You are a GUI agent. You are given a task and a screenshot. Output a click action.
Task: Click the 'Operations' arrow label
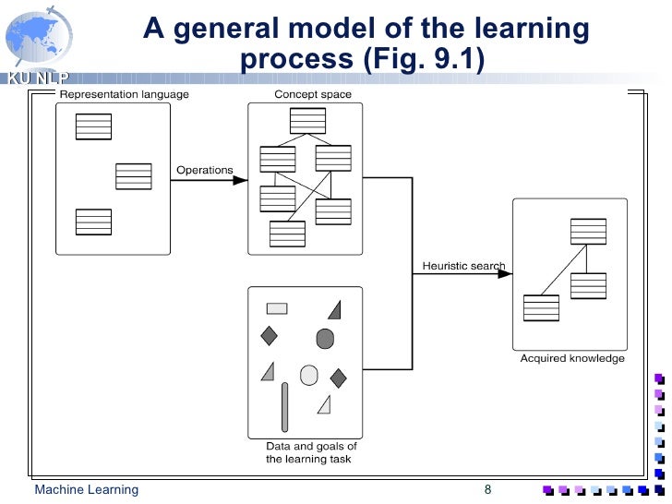(204, 170)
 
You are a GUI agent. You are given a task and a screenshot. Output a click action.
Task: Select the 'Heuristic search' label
(463, 267)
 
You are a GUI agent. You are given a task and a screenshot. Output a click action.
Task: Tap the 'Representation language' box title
(124, 94)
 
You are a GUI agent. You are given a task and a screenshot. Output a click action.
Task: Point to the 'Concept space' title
(312, 94)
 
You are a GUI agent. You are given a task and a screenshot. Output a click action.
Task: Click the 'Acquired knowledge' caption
(572, 358)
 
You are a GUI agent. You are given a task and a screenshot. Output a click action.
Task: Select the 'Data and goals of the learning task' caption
(311, 452)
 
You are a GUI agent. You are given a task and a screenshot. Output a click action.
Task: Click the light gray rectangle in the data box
(277, 309)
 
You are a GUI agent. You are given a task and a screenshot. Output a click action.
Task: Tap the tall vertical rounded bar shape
(284, 407)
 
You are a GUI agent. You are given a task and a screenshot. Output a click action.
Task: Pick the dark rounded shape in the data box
(325, 339)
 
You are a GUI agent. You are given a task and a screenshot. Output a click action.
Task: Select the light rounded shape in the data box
(309, 374)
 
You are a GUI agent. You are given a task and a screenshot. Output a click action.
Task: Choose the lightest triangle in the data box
(324, 404)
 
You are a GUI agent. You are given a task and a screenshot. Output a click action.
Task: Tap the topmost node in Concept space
(307, 121)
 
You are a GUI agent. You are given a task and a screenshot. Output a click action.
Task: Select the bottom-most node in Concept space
(287, 234)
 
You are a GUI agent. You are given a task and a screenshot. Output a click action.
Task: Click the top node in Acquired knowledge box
(588, 231)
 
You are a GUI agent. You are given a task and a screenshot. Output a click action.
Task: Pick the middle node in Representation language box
(134, 175)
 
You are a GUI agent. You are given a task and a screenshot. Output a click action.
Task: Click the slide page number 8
(487, 489)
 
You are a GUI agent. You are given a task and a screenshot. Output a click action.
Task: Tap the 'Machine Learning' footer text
(86, 489)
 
